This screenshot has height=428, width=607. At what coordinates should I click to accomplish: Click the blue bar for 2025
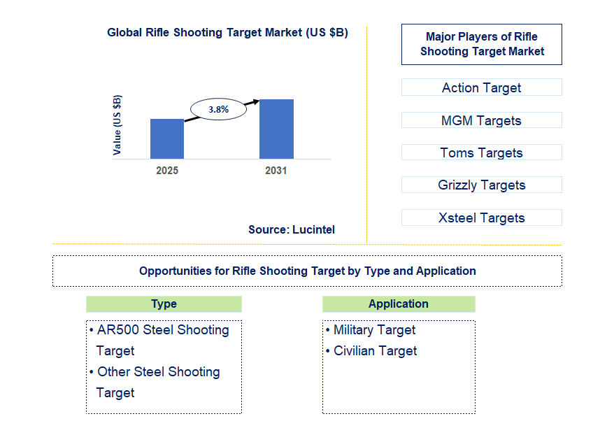(x=167, y=138)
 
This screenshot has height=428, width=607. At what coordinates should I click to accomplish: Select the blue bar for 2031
(x=276, y=129)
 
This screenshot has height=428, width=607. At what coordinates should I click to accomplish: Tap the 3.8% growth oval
(x=218, y=109)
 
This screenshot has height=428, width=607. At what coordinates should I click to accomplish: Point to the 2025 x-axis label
(x=167, y=171)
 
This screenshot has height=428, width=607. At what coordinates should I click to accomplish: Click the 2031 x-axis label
(x=276, y=171)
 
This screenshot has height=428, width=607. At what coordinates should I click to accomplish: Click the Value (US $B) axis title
(x=117, y=124)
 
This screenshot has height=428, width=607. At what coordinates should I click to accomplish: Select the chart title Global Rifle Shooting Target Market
(x=227, y=33)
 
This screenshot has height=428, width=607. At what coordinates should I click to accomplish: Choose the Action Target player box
(x=481, y=87)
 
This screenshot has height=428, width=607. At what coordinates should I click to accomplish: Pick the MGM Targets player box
(x=481, y=120)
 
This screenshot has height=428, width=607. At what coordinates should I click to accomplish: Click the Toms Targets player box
(x=481, y=152)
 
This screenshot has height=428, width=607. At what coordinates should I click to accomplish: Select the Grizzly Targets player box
(x=481, y=185)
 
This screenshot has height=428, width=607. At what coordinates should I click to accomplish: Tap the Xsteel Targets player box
(x=481, y=217)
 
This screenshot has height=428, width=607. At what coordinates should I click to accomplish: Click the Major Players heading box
(x=481, y=44)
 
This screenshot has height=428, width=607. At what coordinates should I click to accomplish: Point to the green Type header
(x=164, y=304)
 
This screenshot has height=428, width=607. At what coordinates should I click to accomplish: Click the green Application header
(x=399, y=304)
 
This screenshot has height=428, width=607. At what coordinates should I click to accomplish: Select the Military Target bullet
(x=374, y=330)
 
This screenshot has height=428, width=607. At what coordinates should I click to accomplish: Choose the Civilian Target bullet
(x=375, y=351)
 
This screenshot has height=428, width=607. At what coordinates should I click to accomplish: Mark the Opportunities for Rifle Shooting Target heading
(x=307, y=271)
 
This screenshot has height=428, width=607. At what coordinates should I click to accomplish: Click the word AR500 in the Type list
(x=116, y=330)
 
